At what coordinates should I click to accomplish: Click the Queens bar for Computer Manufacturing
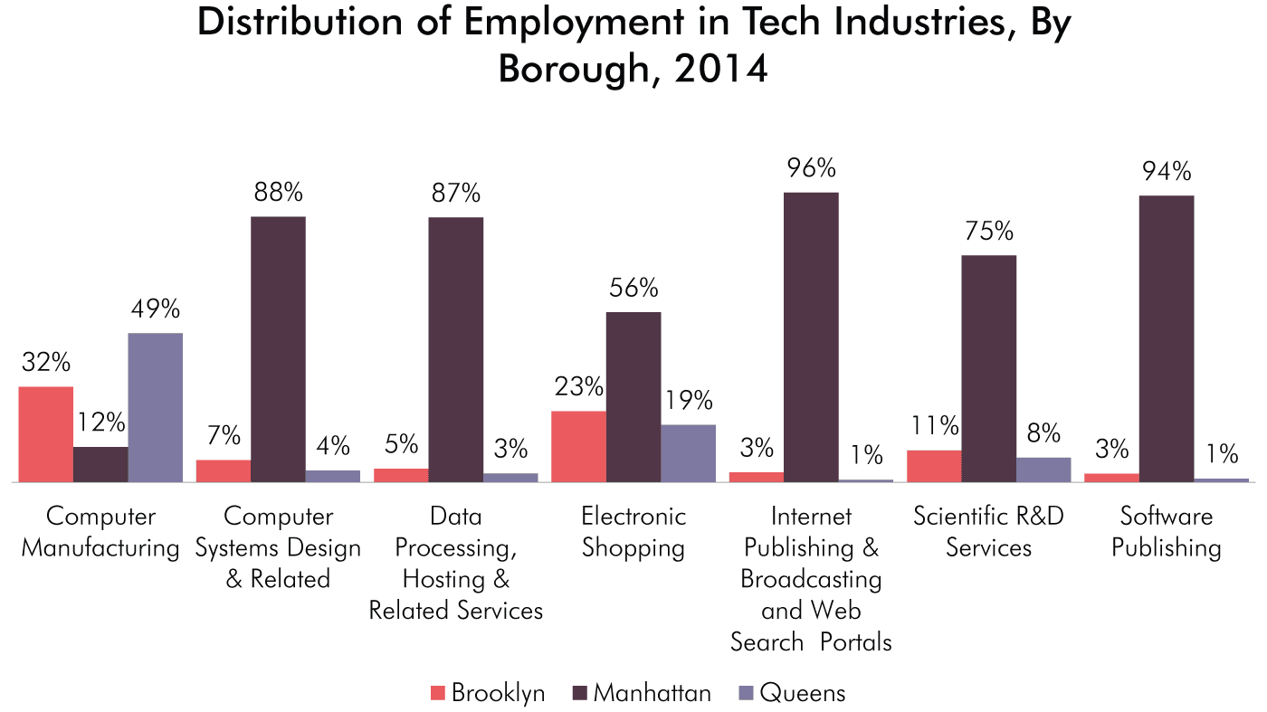(155, 408)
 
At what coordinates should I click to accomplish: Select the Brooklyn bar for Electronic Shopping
(578, 447)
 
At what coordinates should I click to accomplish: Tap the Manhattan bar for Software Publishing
(1166, 339)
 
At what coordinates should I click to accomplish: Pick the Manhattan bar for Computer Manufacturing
(100, 465)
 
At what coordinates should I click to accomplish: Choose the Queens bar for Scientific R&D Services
(1043, 470)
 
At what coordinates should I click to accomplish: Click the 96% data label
(811, 169)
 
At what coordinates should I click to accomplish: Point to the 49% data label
(155, 309)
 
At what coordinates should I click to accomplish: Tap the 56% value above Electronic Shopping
(633, 289)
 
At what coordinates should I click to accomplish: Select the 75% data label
(988, 233)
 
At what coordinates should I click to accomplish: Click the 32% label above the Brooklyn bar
(46, 363)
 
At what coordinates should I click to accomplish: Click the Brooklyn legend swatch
(438, 694)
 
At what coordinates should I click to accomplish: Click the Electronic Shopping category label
(633, 532)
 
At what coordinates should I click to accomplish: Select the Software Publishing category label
(1166, 532)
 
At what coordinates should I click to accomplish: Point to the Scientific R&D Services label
(988, 532)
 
